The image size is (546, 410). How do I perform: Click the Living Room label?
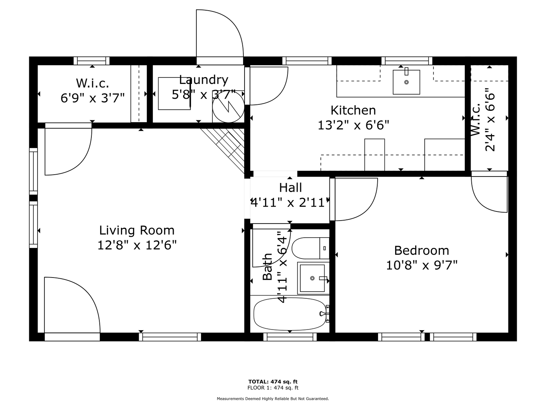pyautogui.click(x=137, y=230)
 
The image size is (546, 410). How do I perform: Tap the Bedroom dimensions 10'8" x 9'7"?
pyautogui.click(x=422, y=265)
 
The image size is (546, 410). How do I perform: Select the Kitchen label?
pyautogui.click(x=353, y=110)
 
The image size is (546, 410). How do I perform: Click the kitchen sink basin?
pyautogui.click(x=406, y=82)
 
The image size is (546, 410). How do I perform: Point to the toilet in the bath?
pyautogui.click(x=311, y=248)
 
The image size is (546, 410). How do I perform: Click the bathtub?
pyautogui.click(x=290, y=314)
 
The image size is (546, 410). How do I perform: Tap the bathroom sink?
pyautogui.click(x=313, y=278)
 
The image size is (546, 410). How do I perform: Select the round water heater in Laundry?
pyautogui.click(x=228, y=107)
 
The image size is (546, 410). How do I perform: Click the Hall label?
pyautogui.click(x=290, y=188)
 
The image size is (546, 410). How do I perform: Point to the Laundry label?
pyautogui.click(x=204, y=80)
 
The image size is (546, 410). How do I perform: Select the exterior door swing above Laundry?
pyautogui.click(x=220, y=34)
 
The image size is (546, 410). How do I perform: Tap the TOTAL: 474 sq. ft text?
pyautogui.click(x=273, y=382)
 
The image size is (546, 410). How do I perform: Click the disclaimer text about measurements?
pyautogui.click(x=273, y=399)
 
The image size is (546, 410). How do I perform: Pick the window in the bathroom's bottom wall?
pyautogui.click(x=290, y=337)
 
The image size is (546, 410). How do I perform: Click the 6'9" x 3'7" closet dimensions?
pyautogui.click(x=93, y=98)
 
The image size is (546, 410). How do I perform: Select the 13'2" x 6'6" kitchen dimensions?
pyautogui.click(x=353, y=125)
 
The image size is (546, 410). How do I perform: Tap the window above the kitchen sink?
pyautogui.click(x=407, y=61)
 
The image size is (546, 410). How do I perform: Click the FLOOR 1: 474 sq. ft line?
pyautogui.click(x=273, y=388)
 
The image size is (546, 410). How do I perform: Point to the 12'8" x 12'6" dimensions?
pyautogui.click(x=137, y=245)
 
